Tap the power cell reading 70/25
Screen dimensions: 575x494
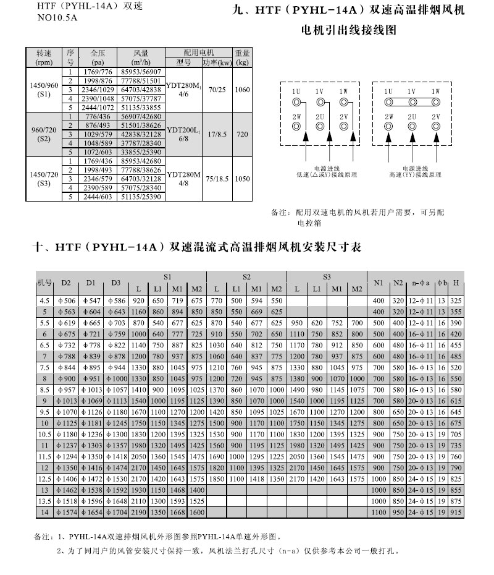coord(216,90)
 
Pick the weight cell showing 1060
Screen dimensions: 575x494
coord(241,90)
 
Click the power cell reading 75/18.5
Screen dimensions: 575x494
coord(216,178)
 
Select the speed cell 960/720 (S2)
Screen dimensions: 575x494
coord(44,134)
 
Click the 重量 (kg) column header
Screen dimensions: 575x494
coord(241,58)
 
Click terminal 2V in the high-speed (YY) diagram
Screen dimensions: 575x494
coord(435,126)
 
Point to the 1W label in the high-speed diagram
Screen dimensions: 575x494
coord(435,92)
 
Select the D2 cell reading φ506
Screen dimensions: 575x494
coord(65,300)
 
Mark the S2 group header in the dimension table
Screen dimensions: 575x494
coord(246,277)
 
